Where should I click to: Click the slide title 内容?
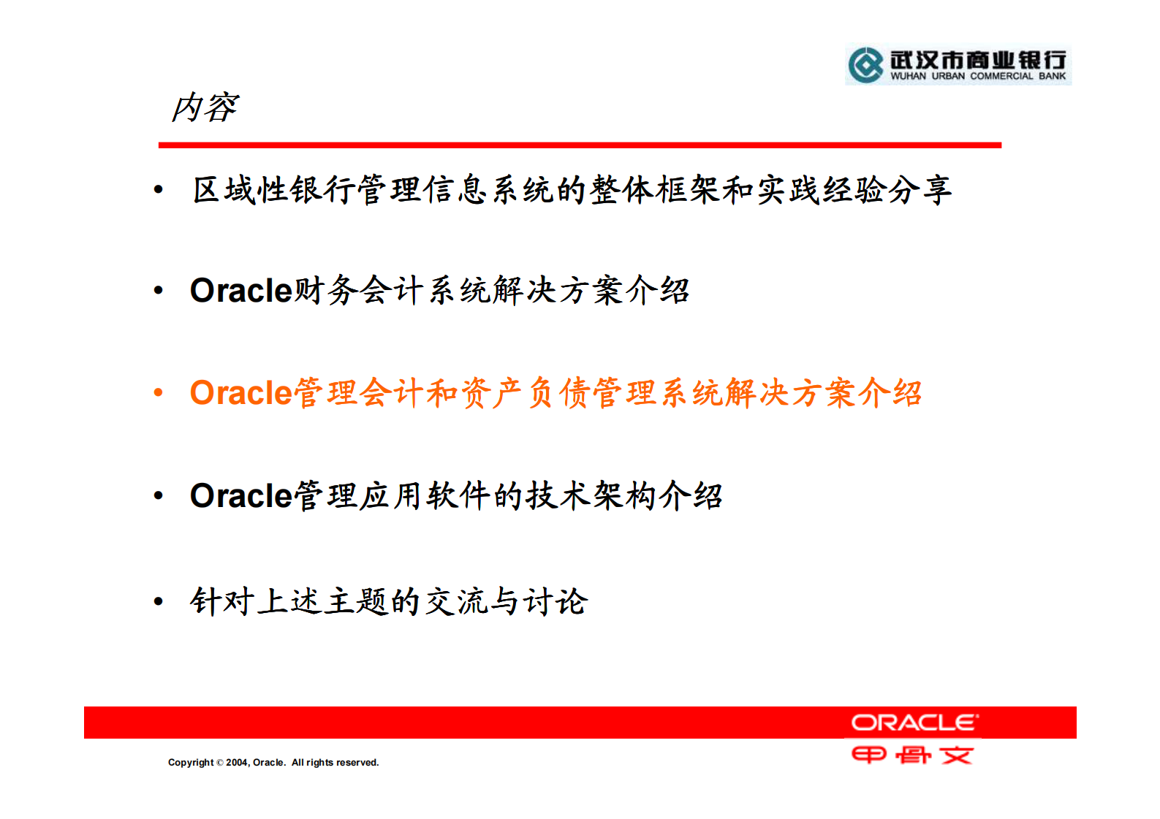point(205,107)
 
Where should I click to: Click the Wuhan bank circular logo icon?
point(866,65)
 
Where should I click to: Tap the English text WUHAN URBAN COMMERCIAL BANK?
point(977,76)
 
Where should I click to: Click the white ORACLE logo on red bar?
point(914,723)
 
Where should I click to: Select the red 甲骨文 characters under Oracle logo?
point(912,755)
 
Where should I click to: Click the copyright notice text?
point(273,762)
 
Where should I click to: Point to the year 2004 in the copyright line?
point(237,762)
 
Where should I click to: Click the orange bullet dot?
point(159,392)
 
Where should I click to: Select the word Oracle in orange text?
point(241,393)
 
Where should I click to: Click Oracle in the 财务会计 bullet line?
point(241,291)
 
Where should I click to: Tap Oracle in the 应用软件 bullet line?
point(241,496)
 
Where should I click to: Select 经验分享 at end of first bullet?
point(886,190)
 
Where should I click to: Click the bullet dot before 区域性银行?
point(159,190)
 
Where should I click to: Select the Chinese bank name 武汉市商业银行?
point(978,60)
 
